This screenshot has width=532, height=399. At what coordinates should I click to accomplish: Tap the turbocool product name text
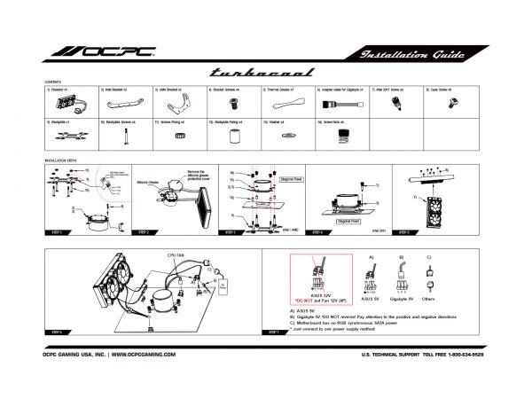click(x=265, y=74)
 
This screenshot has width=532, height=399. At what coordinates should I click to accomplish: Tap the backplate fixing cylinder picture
click(x=234, y=136)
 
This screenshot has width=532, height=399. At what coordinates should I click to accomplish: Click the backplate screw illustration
click(x=124, y=136)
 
